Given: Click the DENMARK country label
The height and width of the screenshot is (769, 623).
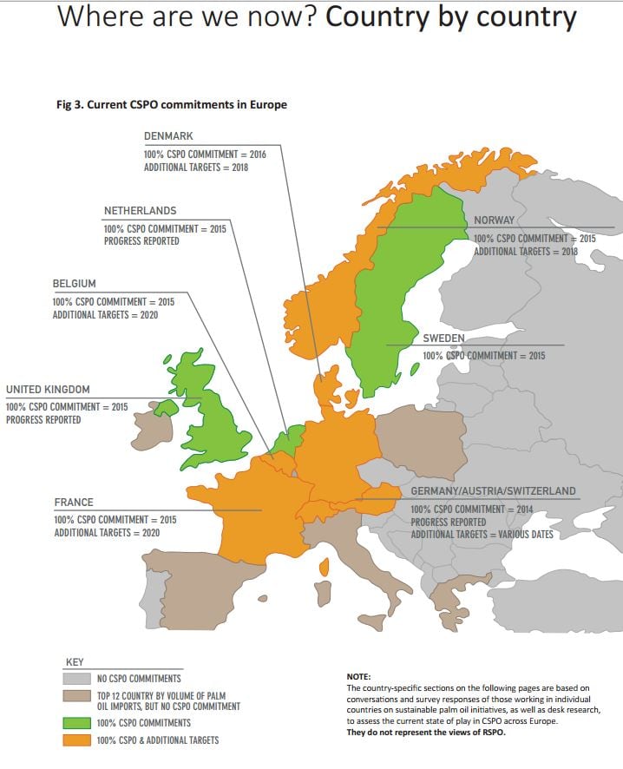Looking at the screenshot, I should pos(168,136).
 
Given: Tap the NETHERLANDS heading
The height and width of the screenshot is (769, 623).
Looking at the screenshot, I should pos(140,211).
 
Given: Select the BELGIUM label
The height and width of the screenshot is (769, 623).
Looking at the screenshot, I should pos(75,284).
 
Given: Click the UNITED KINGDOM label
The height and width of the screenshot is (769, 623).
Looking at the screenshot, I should pos(48,390).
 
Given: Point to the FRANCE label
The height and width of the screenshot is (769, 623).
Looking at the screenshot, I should pos(74,503).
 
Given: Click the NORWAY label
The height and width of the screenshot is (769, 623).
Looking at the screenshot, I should pos(494,220).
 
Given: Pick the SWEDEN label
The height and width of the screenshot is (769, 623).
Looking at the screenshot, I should pos(443,338).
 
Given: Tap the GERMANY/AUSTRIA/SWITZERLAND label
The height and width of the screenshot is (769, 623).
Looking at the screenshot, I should pos(493,491).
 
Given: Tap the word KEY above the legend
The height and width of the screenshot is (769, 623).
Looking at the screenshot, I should pos(75,662).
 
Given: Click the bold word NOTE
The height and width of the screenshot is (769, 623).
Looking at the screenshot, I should pos(358,676).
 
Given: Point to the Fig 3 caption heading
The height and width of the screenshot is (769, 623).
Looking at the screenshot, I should pos(171,105).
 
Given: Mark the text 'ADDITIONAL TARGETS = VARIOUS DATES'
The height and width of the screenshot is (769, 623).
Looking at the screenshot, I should pos(482,535).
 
